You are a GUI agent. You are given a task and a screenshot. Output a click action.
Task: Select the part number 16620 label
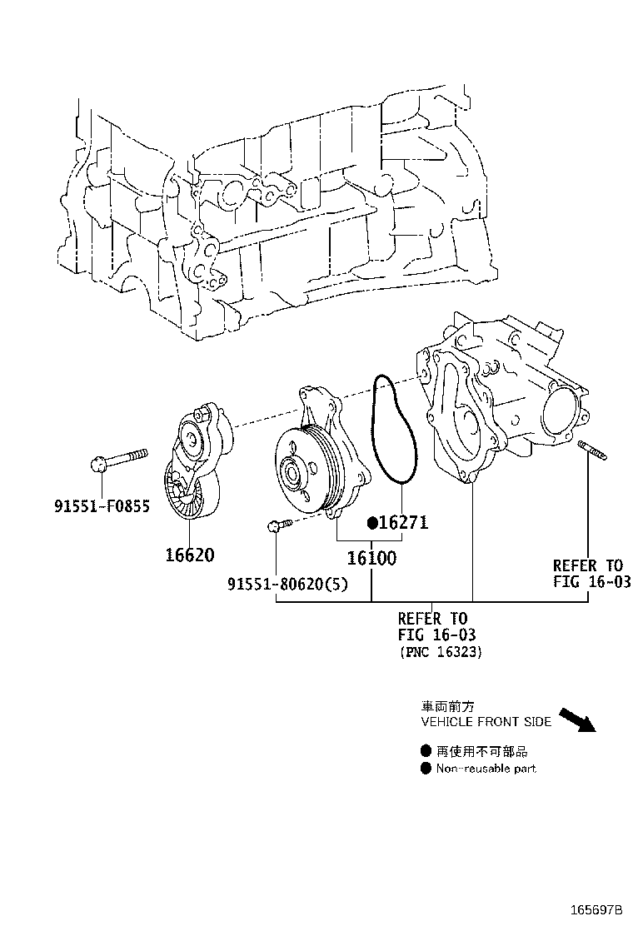tap(190, 555)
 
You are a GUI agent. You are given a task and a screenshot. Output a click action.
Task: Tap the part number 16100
tap(371, 558)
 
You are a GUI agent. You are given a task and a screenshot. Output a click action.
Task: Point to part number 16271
tap(404, 523)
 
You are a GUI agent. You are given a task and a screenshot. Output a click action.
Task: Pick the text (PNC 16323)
tap(440, 652)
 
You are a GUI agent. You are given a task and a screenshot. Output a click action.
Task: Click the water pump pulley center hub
tap(293, 472)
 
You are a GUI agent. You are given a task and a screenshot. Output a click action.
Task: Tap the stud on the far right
tap(592, 451)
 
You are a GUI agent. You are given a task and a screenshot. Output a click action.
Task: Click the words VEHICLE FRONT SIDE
tap(486, 722)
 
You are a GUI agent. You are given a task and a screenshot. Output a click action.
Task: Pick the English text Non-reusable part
tap(486, 769)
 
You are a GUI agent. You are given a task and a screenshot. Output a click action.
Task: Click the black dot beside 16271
tap(374, 523)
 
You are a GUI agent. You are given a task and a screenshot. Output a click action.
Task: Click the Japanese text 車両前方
tap(448, 706)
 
